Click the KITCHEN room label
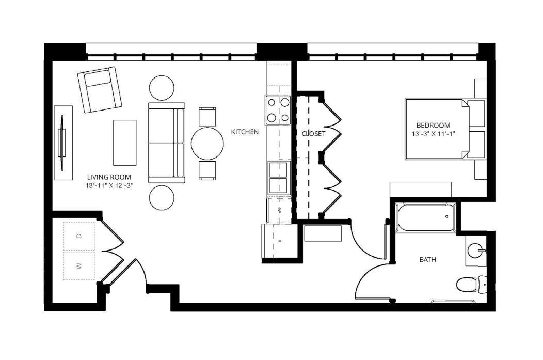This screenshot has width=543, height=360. (x=245, y=132)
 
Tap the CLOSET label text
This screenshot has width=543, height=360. (x=313, y=134)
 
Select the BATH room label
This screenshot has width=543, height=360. (x=428, y=259)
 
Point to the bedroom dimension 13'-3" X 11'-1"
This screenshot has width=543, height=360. (x=433, y=134)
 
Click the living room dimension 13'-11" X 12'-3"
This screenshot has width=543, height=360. (x=109, y=186)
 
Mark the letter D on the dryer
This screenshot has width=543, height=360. (x=79, y=236)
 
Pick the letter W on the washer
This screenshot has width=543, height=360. (x=79, y=266)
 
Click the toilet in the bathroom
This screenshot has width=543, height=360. (x=471, y=284)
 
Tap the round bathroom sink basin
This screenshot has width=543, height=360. (x=474, y=250)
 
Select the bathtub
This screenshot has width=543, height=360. (x=426, y=217)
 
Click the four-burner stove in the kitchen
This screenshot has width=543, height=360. (x=278, y=110)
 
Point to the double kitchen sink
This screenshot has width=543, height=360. (x=278, y=177)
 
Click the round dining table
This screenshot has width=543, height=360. (x=207, y=144)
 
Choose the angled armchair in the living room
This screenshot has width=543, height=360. (x=100, y=89)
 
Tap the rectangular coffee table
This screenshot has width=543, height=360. (x=125, y=143)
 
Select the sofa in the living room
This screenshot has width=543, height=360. (x=167, y=143)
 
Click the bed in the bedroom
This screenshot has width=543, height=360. (x=437, y=129)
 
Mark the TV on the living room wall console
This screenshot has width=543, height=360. (x=62, y=143)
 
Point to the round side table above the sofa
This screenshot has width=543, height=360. (x=162, y=88)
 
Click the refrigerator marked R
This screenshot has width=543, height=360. (x=279, y=241)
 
